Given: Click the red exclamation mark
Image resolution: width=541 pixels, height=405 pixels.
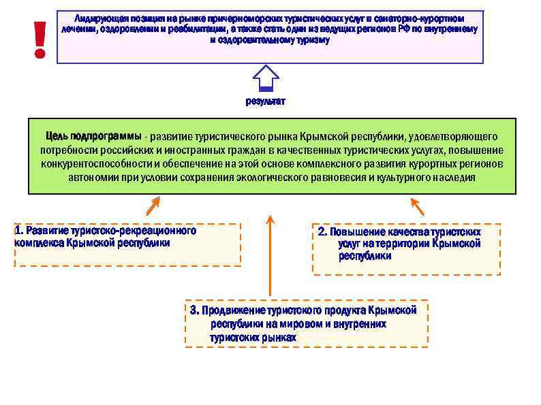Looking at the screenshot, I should click(40, 38).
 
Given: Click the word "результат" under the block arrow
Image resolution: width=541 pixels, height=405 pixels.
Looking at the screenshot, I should click(266, 101).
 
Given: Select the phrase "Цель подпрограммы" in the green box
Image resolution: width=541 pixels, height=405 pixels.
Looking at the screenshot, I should click(93, 135).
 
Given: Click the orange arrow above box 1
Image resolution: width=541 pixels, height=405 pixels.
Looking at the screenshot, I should click(153, 205).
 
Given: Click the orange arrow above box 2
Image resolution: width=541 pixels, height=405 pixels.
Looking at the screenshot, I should click(417, 206).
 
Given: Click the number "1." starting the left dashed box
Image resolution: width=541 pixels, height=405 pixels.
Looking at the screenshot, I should click(19, 230).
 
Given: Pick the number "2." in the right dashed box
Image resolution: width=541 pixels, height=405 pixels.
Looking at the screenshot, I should click(323, 231).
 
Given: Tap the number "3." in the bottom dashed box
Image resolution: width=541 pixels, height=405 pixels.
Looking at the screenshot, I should click(195, 310).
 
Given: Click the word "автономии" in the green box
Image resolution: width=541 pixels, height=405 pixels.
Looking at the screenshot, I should click(93, 178).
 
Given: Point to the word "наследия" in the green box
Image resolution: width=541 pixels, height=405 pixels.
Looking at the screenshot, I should click(456, 178).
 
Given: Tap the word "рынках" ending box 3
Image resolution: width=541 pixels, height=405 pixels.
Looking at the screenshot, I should click(281, 338).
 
